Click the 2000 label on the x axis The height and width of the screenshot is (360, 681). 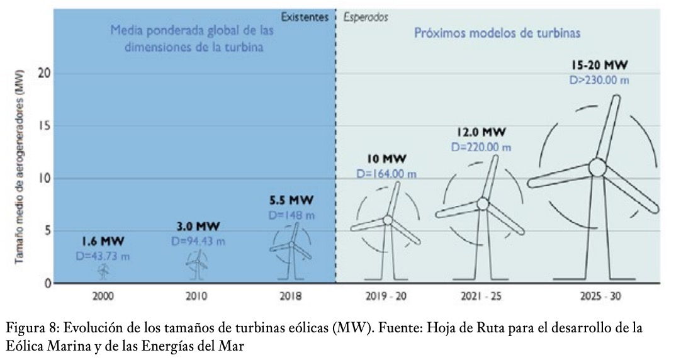click(x=104, y=296)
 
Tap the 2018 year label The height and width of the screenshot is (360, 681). click(x=290, y=296)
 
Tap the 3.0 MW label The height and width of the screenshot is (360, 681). click(x=197, y=227)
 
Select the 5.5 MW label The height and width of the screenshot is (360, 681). click(x=291, y=201)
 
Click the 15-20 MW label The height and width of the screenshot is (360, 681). click(x=600, y=65)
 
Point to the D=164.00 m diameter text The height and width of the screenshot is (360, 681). click(x=386, y=173)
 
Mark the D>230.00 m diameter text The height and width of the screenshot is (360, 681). click(x=600, y=80)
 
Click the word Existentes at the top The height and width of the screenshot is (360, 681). click(x=305, y=18)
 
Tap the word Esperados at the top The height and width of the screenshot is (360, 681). click(x=366, y=18)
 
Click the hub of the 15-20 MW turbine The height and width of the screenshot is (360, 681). click(x=597, y=167)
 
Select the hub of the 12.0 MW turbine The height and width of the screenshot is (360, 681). click(x=483, y=203)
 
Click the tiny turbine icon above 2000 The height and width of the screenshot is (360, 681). click(x=104, y=271)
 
